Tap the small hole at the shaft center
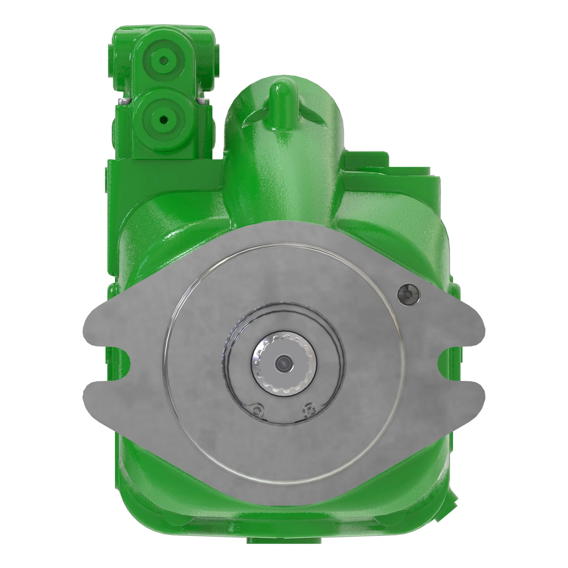click(284, 364)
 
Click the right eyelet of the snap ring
click(310, 409)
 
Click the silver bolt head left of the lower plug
click(124, 101)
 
